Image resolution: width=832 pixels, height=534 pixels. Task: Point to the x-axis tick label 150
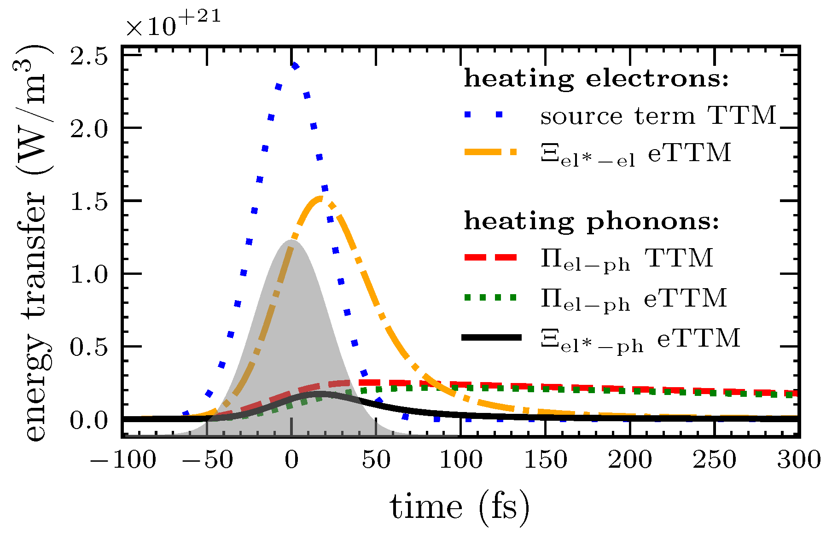546,460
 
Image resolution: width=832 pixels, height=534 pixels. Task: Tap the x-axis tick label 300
799,460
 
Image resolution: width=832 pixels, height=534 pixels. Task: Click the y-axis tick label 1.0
88,274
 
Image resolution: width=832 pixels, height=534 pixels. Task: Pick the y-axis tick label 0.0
88,420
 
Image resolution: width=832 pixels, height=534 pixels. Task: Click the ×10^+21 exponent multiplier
174,23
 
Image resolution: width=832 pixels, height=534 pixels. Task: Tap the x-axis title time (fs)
460,507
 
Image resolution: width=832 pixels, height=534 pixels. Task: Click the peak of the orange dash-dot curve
319,198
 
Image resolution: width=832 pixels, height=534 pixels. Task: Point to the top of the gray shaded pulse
291,241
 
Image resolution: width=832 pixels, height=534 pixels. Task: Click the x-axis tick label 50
376,460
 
